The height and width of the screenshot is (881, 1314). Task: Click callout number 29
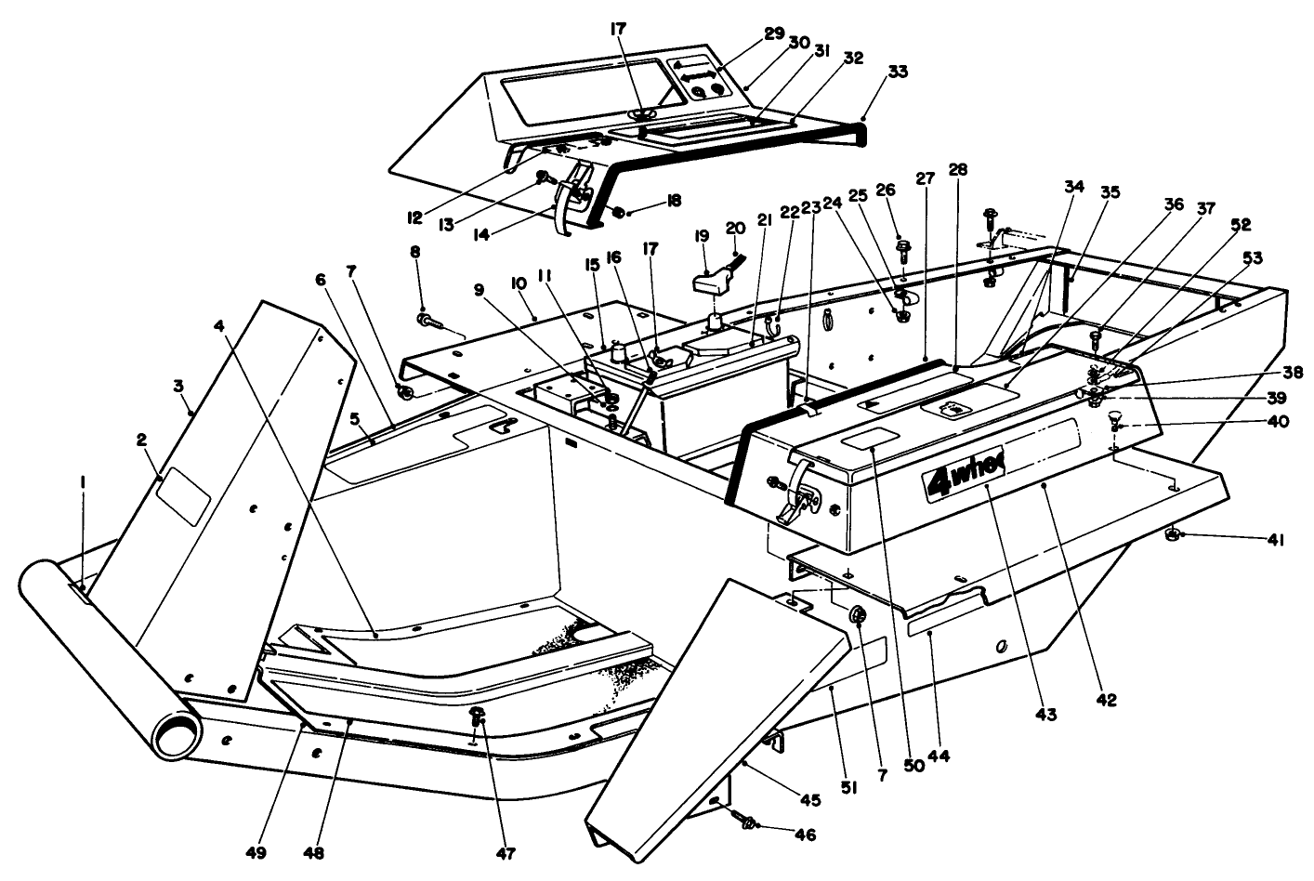coord(774,33)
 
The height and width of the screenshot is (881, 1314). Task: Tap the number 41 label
coord(1275,539)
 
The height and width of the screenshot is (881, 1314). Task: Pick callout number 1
coord(83,481)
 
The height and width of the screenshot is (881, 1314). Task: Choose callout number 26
coord(886,190)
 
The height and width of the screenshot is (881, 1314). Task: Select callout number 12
coord(414,218)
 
